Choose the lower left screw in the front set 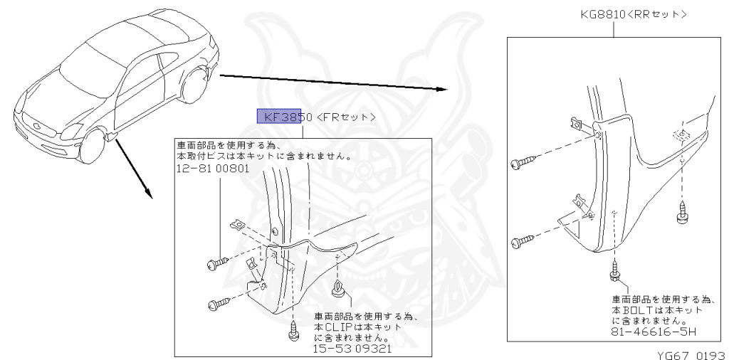[x=215, y=305]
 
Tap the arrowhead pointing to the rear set [x=441, y=89]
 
